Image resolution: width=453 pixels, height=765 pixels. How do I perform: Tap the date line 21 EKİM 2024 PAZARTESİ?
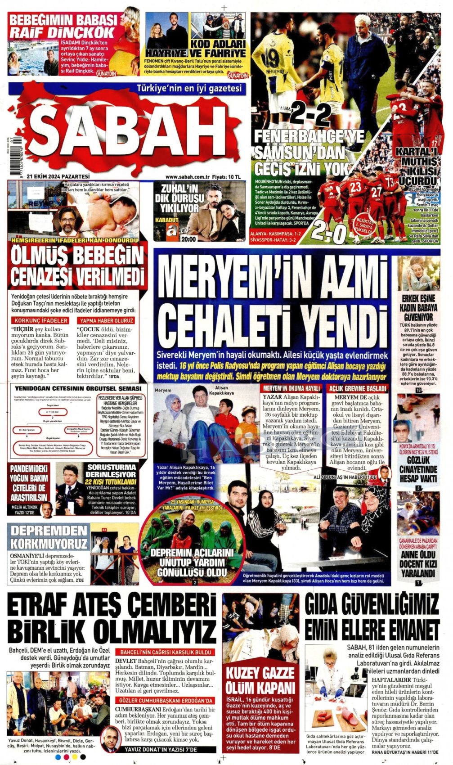(58, 176)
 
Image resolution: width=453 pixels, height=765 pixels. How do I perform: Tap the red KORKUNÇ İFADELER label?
(41, 320)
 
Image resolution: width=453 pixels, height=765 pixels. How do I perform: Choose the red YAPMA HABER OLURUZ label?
(106, 320)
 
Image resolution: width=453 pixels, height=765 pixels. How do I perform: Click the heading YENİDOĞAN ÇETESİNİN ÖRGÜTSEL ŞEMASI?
(78, 388)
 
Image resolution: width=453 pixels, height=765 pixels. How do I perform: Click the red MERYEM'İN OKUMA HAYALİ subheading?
(292, 388)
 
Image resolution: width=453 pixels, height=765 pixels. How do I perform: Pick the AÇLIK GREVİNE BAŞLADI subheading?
(358, 388)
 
